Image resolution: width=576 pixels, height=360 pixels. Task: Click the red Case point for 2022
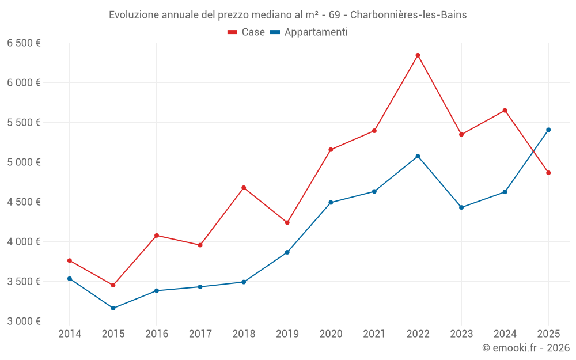coord(418,55)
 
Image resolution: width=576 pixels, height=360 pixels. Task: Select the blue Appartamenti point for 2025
coord(548,130)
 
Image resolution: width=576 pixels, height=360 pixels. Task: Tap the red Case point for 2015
coord(113,285)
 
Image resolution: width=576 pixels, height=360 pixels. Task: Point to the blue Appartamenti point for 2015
coord(113,308)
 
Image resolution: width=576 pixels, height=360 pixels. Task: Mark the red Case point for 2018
coord(244,188)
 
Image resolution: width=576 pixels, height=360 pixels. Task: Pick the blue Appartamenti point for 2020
coord(331,202)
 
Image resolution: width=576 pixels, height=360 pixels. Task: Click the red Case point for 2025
coord(548,173)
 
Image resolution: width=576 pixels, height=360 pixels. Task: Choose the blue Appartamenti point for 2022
coord(418,156)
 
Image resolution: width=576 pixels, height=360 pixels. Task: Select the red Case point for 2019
coord(287,222)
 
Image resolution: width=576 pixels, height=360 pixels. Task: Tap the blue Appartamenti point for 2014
coord(70,279)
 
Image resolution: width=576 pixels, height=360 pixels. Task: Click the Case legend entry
coord(247,32)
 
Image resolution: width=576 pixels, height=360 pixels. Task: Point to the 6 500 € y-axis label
coord(24,43)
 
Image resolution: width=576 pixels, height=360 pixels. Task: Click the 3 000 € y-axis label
coord(24,321)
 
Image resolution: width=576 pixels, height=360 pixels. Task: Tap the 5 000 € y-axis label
coord(24,162)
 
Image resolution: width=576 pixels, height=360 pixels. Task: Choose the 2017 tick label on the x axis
coord(200,334)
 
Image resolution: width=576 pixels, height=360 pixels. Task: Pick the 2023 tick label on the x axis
coord(461,334)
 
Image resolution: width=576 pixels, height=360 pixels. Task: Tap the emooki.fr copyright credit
coord(526,348)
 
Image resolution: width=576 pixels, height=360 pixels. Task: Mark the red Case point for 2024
coord(505,111)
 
